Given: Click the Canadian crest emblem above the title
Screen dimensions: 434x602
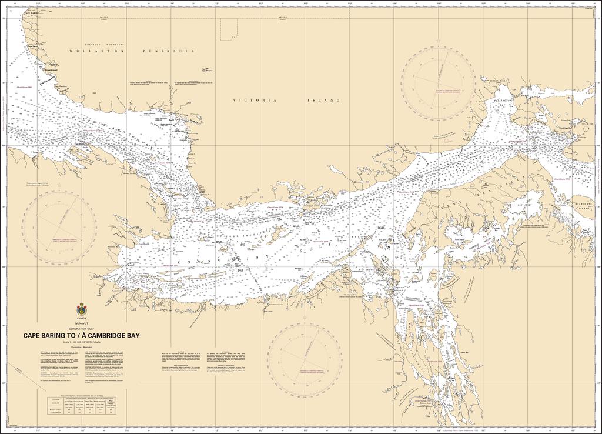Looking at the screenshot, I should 81,310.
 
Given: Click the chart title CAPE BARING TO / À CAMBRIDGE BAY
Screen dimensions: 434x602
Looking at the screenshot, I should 81,336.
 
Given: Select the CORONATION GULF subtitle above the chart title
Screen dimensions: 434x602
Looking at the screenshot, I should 81,329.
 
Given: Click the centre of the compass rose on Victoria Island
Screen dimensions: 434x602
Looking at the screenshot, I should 438,79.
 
